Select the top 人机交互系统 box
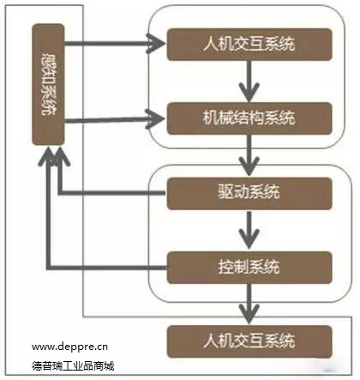click(249, 44)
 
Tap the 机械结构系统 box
click(249, 117)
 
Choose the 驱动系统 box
click(249, 193)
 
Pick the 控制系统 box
click(249, 264)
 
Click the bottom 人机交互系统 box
click(249, 336)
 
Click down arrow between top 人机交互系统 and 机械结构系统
click(249, 80)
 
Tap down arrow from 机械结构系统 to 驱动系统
click(249, 154)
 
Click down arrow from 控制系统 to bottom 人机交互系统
click(249, 300)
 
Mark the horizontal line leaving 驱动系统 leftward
click(111, 193)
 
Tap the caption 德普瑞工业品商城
click(74, 366)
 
